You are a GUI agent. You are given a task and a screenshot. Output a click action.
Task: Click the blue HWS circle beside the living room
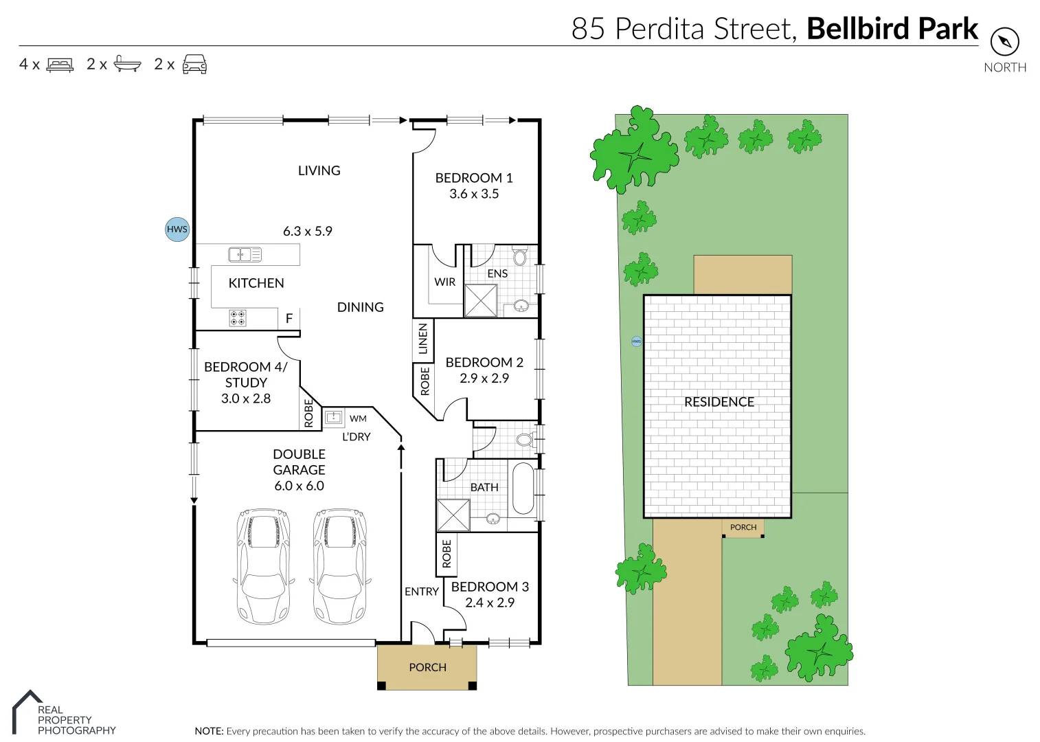[177, 229]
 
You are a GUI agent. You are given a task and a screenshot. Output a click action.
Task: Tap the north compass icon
[1004, 42]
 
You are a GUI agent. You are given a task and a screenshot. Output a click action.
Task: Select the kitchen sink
[245, 255]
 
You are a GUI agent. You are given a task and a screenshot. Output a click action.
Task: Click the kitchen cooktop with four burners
[238, 317]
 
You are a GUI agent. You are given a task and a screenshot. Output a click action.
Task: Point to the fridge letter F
[289, 318]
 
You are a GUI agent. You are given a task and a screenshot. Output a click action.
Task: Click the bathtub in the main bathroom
[523, 488]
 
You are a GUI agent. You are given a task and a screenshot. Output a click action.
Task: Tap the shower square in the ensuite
[481, 300]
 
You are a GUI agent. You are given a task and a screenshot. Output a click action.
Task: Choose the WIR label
[444, 282]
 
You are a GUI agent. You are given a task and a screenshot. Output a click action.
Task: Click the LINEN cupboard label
[423, 339]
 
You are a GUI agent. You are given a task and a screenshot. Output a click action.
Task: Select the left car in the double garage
[263, 566]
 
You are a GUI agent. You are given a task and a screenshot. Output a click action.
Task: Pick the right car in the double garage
[340, 566]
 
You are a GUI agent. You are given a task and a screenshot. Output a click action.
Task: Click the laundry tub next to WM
[334, 417]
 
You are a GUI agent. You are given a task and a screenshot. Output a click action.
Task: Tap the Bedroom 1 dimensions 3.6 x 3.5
[474, 194]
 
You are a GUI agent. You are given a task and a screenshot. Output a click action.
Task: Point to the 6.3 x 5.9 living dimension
[308, 232]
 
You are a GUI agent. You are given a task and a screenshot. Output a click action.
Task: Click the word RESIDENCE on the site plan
[719, 402]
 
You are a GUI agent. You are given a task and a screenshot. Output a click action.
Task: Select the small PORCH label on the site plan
[743, 528]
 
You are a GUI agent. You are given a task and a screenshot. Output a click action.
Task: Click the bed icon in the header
[60, 65]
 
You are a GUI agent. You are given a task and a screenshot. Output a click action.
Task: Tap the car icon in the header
[194, 64]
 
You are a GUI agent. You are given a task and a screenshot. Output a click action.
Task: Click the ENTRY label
[421, 592]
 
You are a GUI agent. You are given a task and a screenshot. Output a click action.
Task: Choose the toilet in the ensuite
[520, 258]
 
